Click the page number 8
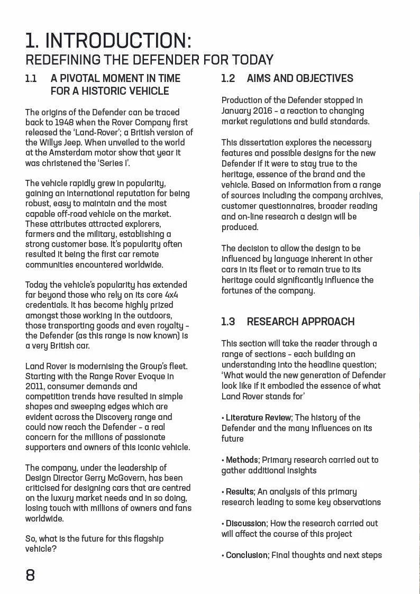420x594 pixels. [x=30, y=575]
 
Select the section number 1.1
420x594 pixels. [x=31, y=78]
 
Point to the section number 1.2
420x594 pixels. [x=228, y=78]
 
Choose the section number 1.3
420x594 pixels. [x=228, y=322]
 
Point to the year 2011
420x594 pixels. [x=35, y=386]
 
